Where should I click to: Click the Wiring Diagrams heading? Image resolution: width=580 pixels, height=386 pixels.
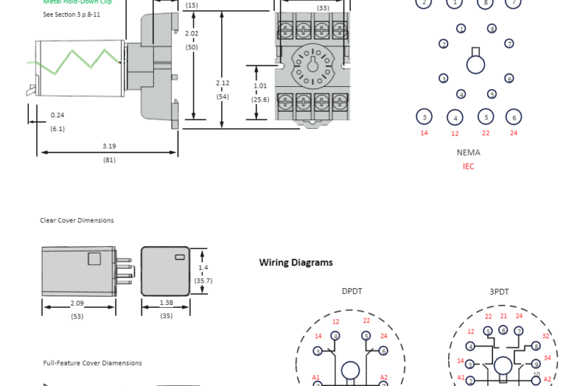tap(296, 263)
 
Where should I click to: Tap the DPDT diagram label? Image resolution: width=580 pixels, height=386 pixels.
tap(352, 292)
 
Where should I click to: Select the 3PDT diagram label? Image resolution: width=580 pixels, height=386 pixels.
tap(499, 292)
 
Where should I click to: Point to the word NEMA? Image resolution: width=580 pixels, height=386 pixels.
tap(468, 153)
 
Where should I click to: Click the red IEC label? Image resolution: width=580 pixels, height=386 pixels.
tap(468, 167)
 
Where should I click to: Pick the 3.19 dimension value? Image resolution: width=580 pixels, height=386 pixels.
tap(109, 146)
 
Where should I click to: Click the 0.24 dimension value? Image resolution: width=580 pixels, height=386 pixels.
tap(57, 115)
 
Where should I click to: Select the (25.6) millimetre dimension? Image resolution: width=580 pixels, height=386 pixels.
tap(260, 99)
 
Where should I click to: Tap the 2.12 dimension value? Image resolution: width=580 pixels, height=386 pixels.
tap(223, 83)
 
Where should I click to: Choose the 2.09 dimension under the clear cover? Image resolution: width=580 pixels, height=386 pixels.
tap(78, 302)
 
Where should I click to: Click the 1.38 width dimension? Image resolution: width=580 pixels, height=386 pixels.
tap(166, 302)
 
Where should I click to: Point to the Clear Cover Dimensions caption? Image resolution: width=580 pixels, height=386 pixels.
tap(77, 220)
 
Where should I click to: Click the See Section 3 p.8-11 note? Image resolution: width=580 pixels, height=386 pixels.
tap(72, 14)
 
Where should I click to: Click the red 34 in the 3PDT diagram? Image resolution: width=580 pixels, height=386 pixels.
tap(547, 358)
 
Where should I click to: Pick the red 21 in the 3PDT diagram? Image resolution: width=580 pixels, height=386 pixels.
tap(504, 316)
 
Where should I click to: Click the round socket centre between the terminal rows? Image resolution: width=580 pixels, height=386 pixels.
tap(312, 65)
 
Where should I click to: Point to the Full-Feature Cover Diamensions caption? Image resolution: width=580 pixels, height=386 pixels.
tap(92, 363)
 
